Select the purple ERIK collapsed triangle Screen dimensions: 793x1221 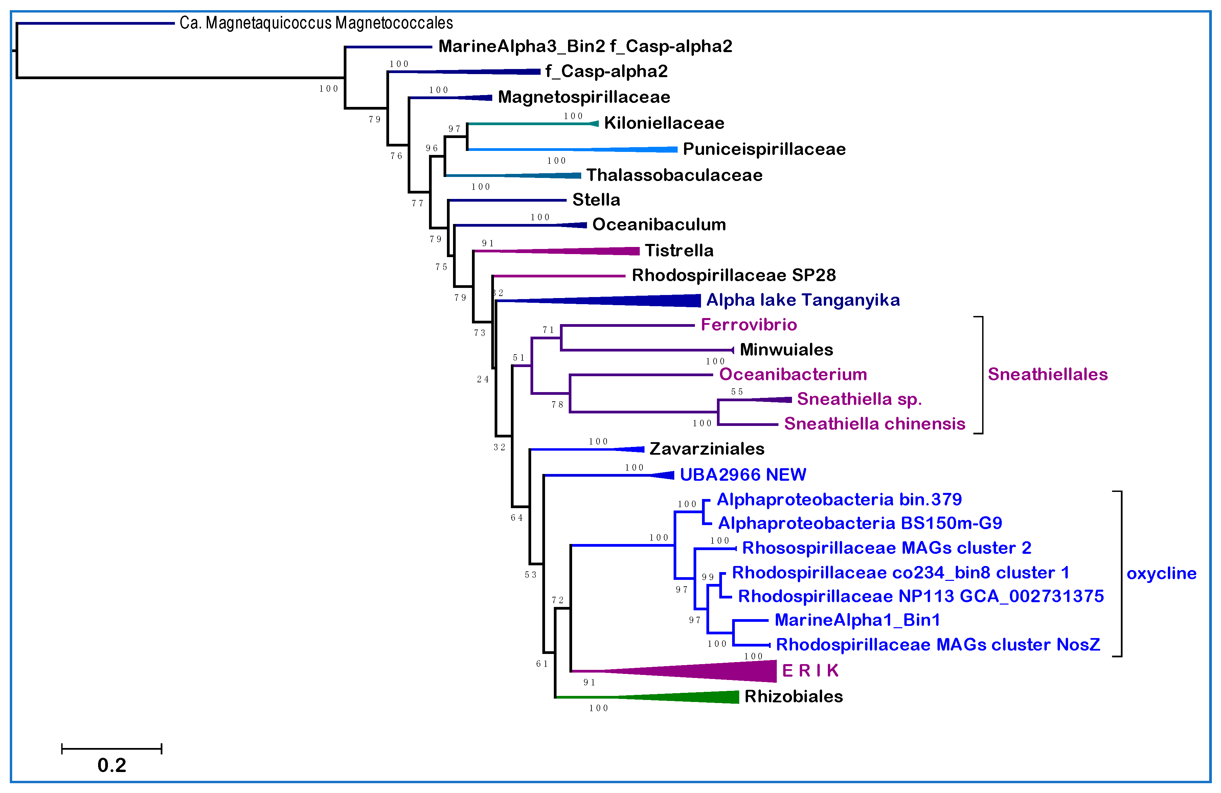728,671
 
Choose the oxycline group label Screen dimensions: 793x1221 1161,573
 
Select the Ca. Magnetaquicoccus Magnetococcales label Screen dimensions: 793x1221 316,23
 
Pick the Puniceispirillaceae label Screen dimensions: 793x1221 764,149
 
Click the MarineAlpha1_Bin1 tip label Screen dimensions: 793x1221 857,620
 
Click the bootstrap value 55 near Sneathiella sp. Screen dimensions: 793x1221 737,391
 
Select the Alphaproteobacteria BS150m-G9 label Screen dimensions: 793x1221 860,523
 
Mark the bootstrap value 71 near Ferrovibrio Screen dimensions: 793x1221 548,330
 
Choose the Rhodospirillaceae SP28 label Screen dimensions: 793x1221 733,275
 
